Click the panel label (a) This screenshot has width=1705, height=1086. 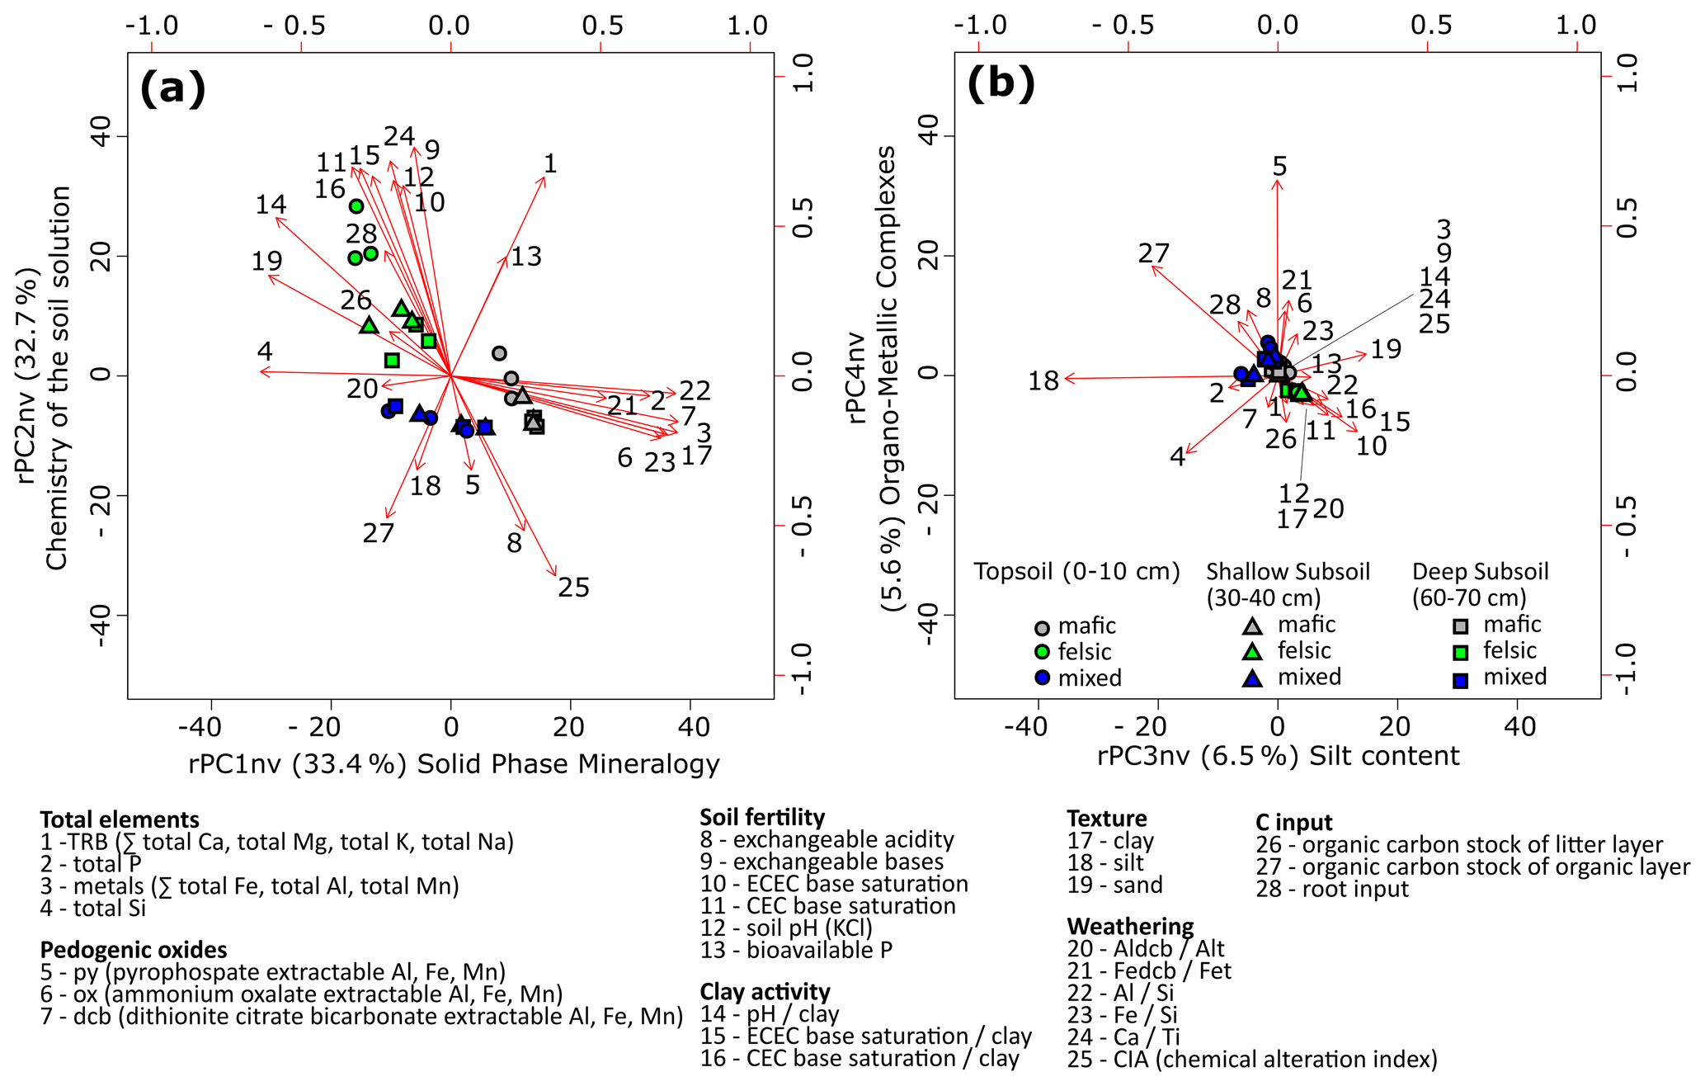point(172,87)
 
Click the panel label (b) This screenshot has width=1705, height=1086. point(1001,84)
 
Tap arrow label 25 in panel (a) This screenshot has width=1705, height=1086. point(573,588)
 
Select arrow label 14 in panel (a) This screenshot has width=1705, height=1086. point(271,204)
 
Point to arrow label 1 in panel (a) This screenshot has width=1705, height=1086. point(550,163)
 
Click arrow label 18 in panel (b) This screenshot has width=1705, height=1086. point(1043,381)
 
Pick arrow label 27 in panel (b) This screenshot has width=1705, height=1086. point(1153,253)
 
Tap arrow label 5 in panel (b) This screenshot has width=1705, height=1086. point(1279,166)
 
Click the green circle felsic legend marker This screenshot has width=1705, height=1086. point(1043,652)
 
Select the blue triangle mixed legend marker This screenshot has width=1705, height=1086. point(1253,678)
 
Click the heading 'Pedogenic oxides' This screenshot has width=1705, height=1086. point(134,949)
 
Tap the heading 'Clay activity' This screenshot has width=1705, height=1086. point(765,991)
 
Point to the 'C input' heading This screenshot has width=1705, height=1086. point(1294,822)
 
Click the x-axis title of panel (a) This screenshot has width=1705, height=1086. point(454,764)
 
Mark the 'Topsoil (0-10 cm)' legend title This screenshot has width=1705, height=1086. point(1076,571)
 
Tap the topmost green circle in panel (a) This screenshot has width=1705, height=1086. point(356,206)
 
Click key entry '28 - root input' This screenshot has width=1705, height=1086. point(1332,889)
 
